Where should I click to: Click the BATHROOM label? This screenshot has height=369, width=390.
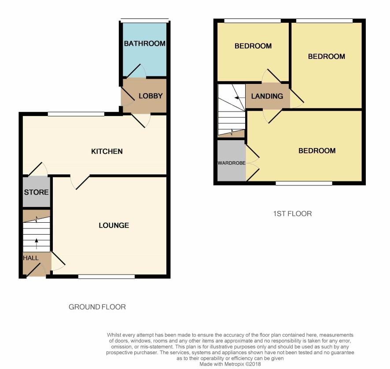pos(145,43)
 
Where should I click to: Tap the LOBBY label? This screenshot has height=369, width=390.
pos(151,96)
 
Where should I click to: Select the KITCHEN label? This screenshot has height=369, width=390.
pos(107,152)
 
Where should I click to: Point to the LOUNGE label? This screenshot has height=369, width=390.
pos(114,225)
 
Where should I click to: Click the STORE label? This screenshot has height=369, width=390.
pos(36,192)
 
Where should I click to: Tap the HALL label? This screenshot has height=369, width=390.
pos(31,258)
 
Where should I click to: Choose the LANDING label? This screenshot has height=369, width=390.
pos(267,96)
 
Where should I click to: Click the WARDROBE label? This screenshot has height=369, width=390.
pos(232,163)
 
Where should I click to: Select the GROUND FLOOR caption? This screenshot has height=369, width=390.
pos(97,307)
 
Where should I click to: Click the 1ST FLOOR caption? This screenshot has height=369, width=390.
pos(292,213)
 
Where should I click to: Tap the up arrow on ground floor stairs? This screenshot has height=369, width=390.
pos(37,244)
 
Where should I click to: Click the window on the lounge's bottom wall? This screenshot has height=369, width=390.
pos(107,276)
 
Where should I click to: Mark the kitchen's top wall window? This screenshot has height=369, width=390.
pos(76,114)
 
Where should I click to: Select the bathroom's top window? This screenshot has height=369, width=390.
pos(144,20)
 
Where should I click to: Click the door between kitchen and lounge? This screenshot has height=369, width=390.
pos(80,182)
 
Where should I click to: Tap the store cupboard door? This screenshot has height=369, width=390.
pos(38,169)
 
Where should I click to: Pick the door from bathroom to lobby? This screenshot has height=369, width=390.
pos(136,71)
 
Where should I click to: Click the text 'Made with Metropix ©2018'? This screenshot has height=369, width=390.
pos(230,364)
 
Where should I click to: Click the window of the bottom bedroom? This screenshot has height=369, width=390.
pos(304,183)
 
